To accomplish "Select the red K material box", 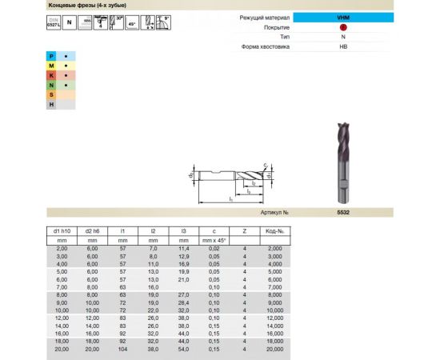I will [51, 74].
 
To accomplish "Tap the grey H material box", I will [51, 103].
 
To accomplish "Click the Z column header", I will [243, 231].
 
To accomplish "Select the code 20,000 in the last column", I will [274, 350].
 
